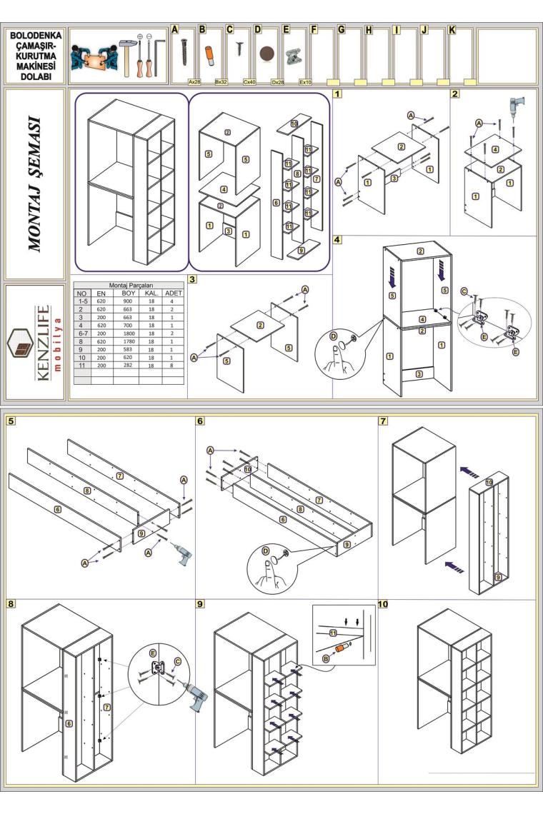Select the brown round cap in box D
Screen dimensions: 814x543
268,54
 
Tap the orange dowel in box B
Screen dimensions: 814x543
211,54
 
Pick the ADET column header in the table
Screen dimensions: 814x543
173,293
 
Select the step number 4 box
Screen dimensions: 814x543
337,240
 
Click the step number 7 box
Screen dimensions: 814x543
384,421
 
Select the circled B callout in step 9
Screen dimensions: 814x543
329,659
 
